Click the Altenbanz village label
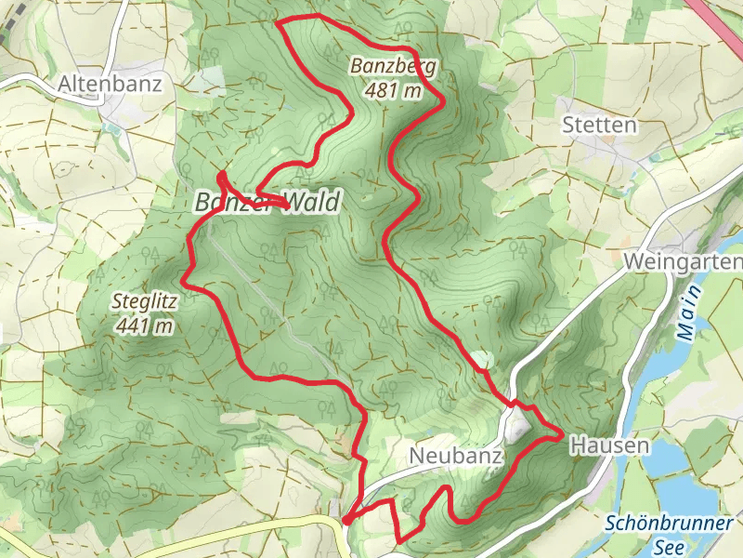point(110,85)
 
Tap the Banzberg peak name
point(393,66)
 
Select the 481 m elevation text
point(394,90)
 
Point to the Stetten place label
point(599,125)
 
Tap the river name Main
point(687,321)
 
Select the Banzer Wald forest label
point(267,201)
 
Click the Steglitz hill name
point(143,301)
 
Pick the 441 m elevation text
point(145,325)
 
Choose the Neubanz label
point(455,456)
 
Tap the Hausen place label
point(608,445)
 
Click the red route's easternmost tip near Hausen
point(561,433)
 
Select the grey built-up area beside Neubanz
point(516,427)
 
